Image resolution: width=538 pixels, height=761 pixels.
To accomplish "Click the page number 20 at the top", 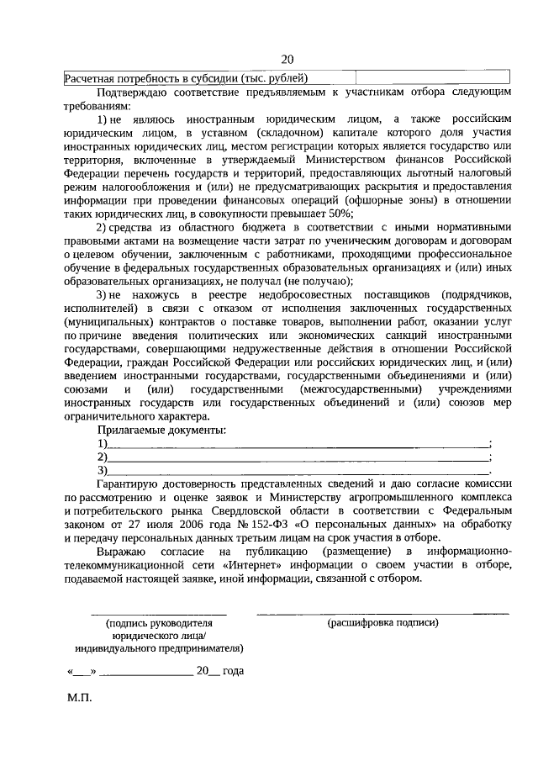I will (287, 59).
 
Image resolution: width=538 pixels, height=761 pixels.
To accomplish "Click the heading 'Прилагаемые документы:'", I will (161, 430).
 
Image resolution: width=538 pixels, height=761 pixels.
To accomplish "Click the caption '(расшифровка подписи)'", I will (383, 623).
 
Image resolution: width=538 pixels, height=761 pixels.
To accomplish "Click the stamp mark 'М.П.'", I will (79, 698).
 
